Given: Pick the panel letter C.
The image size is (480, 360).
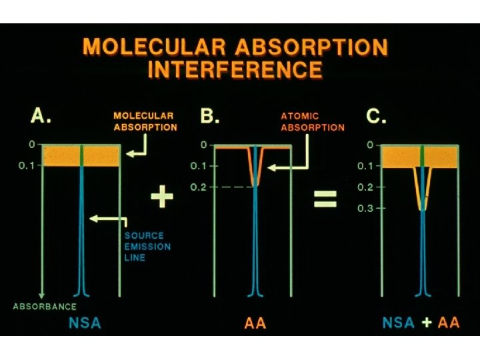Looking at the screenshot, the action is pyautogui.click(x=377, y=117).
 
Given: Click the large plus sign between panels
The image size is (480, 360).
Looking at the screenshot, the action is pyautogui.click(x=162, y=198).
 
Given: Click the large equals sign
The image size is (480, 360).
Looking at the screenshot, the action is pyautogui.click(x=325, y=198).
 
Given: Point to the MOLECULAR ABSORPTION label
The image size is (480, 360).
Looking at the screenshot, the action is pyautogui.click(x=145, y=121).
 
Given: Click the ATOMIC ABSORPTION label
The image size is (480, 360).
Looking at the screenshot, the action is pyautogui.click(x=312, y=121).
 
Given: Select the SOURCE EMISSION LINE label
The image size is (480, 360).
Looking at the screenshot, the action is pyautogui.click(x=144, y=246).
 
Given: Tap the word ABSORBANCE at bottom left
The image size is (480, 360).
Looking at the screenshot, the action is pyautogui.click(x=45, y=307).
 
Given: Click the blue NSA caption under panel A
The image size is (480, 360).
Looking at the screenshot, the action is pyautogui.click(x=85, y=323).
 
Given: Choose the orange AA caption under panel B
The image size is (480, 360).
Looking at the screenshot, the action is pyautogui.click(x=255, y=323).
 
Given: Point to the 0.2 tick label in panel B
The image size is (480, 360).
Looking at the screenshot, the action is pyautogui.click(x=199, y=187).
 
